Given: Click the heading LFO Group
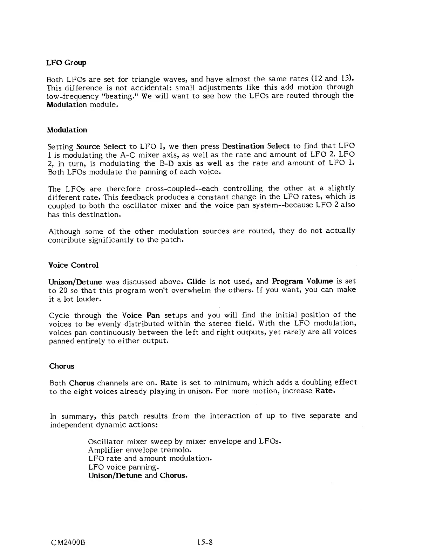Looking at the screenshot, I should point(66,63).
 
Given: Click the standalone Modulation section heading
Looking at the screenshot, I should point(67,130).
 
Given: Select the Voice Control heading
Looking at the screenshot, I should point(73,265).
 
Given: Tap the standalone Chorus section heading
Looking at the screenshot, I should point(62,366).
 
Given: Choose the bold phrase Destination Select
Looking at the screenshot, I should point(256,146).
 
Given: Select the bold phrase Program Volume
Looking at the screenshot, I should point(302,281).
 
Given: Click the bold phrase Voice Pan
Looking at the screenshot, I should point(141,315).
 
